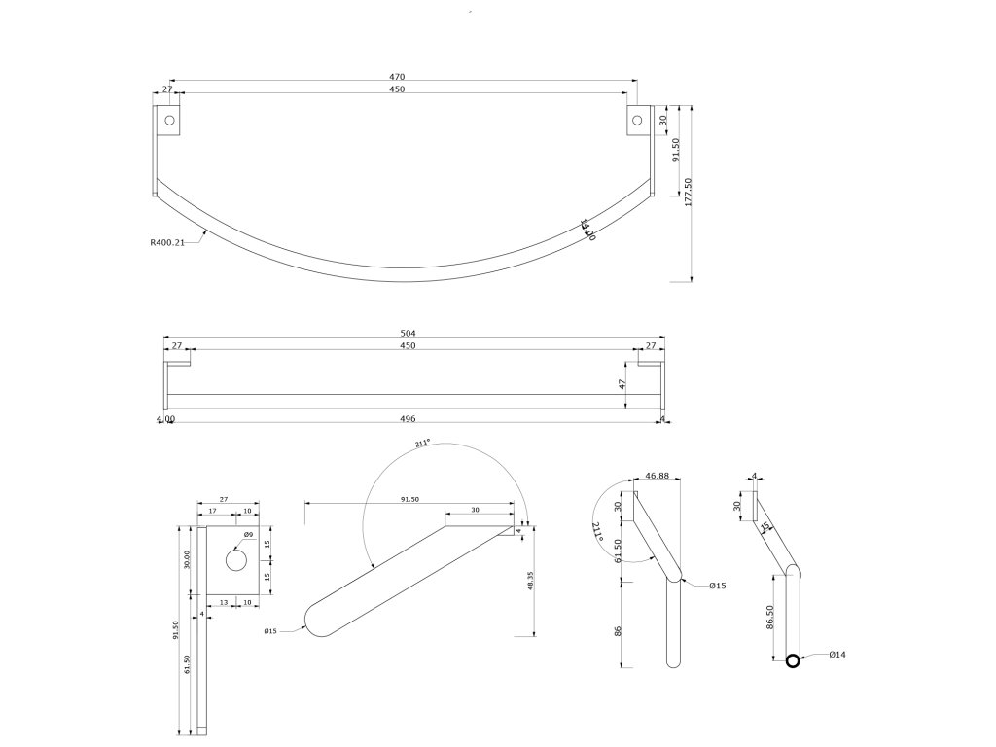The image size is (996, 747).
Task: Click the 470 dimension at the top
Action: click(398, 77)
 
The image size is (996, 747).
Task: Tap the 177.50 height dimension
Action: click(690, 192)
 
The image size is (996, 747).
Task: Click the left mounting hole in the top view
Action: click(169, 121)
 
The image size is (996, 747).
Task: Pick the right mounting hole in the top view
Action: click(637, 121)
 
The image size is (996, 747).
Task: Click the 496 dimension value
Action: click(408, 419)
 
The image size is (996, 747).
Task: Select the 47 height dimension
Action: click(622, 385)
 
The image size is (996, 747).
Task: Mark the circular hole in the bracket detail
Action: click(236, 561)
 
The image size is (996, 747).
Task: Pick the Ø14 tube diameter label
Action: click(837, 655)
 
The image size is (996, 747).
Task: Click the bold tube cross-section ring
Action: click(793, 661)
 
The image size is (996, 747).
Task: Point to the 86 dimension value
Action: click(619, 631)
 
